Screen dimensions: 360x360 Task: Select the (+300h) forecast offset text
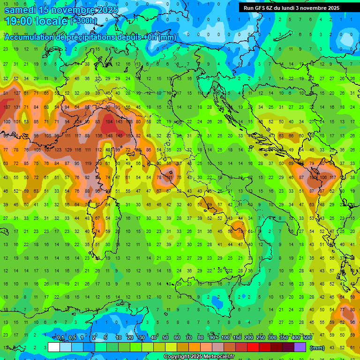[x=84, y=21]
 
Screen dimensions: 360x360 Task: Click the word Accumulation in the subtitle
[x=30, y=37]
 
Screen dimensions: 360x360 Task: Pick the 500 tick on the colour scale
[x=307, y=338]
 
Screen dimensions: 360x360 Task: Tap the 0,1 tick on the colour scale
[x=60, y=338]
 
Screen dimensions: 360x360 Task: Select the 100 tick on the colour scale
[x=225, y=338]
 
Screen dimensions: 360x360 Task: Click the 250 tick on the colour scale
[x=260, y=338]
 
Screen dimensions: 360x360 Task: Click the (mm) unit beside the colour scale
[x=317, y=348]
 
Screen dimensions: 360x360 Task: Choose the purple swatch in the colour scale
[x=300, y=347]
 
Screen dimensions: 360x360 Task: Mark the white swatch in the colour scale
[x=54, y=347]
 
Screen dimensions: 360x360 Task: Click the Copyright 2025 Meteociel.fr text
[x=199, y=357]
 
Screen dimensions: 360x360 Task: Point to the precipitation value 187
[x=7, y=107]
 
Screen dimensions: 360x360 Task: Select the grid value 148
[x=109, y=136]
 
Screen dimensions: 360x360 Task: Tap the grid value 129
[x=68, y=150]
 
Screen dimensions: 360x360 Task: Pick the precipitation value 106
[x=323, y=178]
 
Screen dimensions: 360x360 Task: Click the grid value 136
[x=98, y=136]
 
